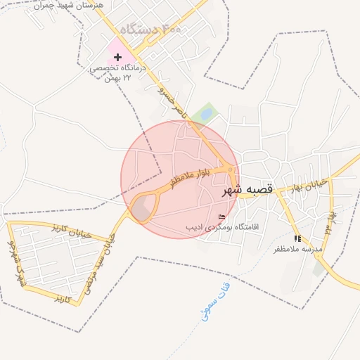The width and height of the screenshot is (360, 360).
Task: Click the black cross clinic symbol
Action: pyautogui.click(x=117, y=56)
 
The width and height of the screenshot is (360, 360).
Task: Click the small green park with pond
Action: pyautogui.click(x=205, y=112)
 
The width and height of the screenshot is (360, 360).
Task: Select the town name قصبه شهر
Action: pyautogui.click(x=246, y=191)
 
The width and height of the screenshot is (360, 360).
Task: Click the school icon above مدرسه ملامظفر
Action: pyautogui.click(x=297, y=239)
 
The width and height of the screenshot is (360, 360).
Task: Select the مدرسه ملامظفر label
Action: pyautogui.click(x=297, y=250)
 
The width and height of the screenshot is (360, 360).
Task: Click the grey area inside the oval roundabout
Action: pyautogui.click(x=143, y=207)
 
